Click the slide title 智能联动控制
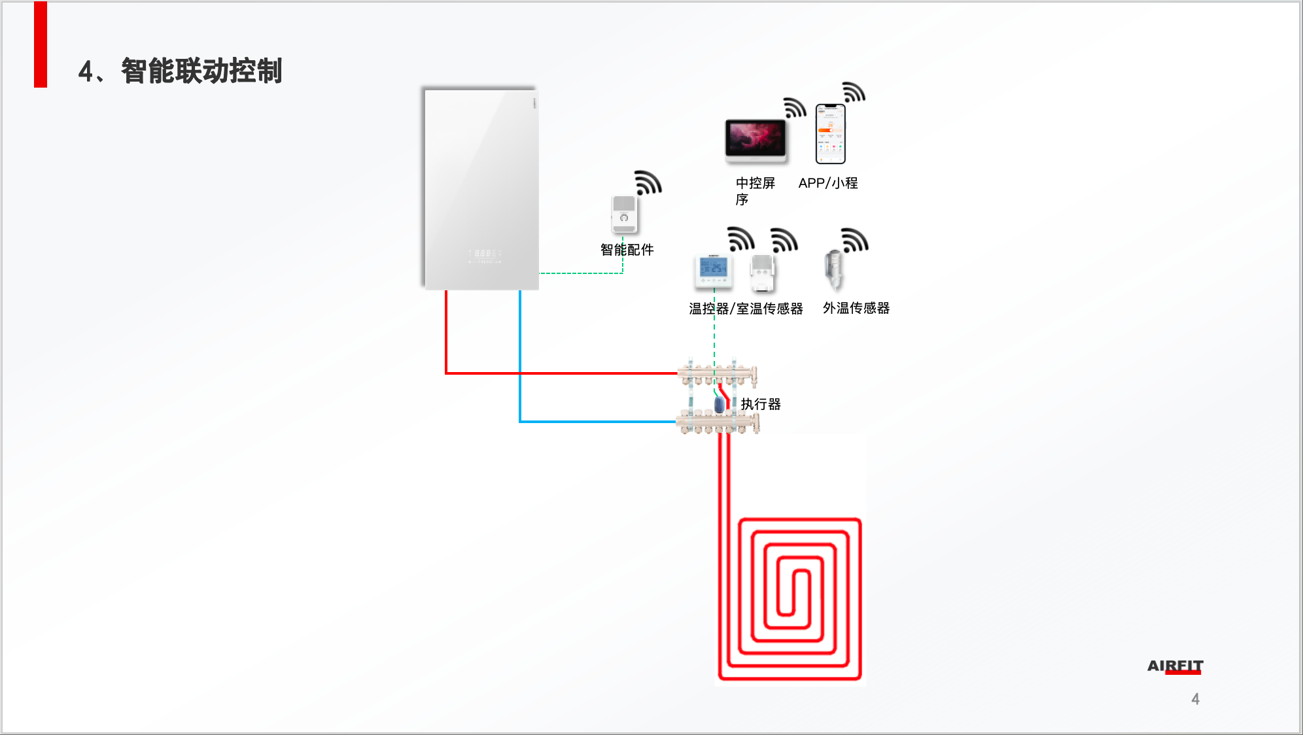(x=201, y=71)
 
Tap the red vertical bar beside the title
(x=41, y=44)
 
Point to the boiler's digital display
(x=485, y=254)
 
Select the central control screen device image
(x=756, y=140)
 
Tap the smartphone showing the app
(x=830, y=134)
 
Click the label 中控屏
(x=755, y=183)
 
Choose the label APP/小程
(x=827, y=183)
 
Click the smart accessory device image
(x=624, y=214)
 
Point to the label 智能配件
(x=627, y=250)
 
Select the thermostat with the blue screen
(x=714, y=271)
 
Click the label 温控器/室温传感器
(x=746, y=309)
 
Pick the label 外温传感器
(x=856, y=308)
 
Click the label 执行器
(x=760, y=404)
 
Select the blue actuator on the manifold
(x=720, y=405)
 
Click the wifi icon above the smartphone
(x=854, y=92)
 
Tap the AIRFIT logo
(x=1175, y=666)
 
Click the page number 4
(x=1195, y=699)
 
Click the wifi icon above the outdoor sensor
(x=855, y=240)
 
